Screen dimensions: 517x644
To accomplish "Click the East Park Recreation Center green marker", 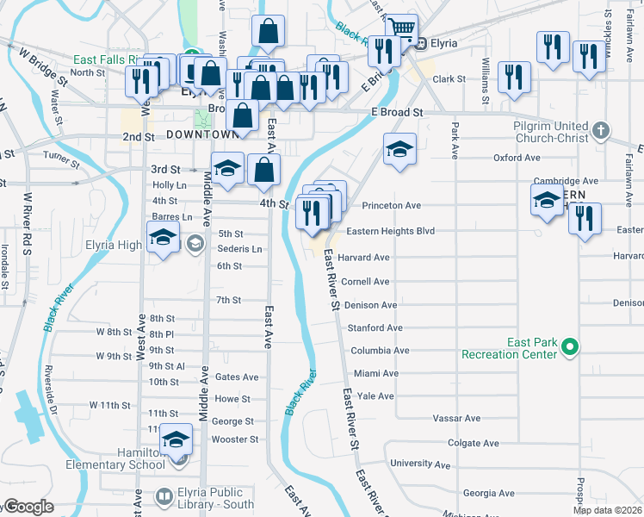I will [x=568, y=346].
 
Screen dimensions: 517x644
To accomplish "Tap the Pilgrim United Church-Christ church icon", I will [x=601, y=132].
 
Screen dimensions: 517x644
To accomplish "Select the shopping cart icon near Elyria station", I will [x=400, y=30].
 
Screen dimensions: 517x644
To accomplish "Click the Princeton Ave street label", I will [x=391, y=206].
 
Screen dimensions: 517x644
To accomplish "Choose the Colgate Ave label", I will [x=474, y=443].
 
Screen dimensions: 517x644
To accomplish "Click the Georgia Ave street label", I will [x=487, y=494].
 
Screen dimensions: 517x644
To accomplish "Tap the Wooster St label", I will [x=235, y=439].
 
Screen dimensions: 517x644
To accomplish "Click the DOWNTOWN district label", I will [x=201, y=135].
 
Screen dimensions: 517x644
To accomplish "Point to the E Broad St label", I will [x=398, y=113].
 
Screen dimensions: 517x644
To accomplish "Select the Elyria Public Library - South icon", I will [x=164, y=497].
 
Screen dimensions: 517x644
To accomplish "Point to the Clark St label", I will [x=449, y=79].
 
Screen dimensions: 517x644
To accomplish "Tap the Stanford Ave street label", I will [x=375, y=328].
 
